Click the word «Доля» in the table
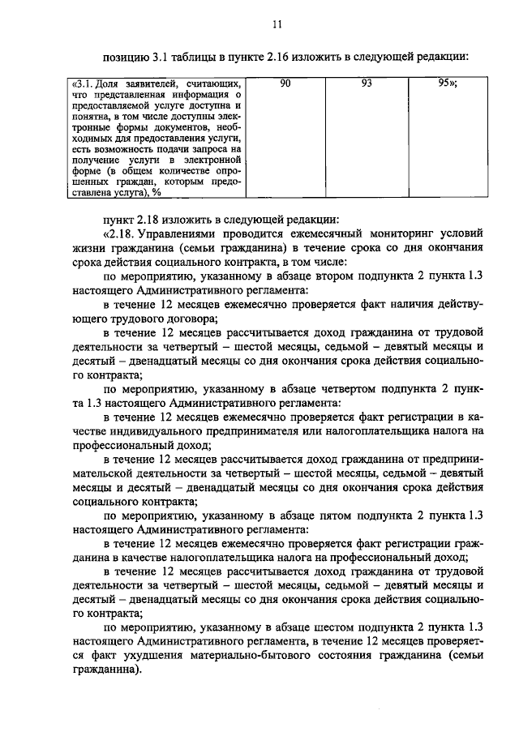coord(103,84)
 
